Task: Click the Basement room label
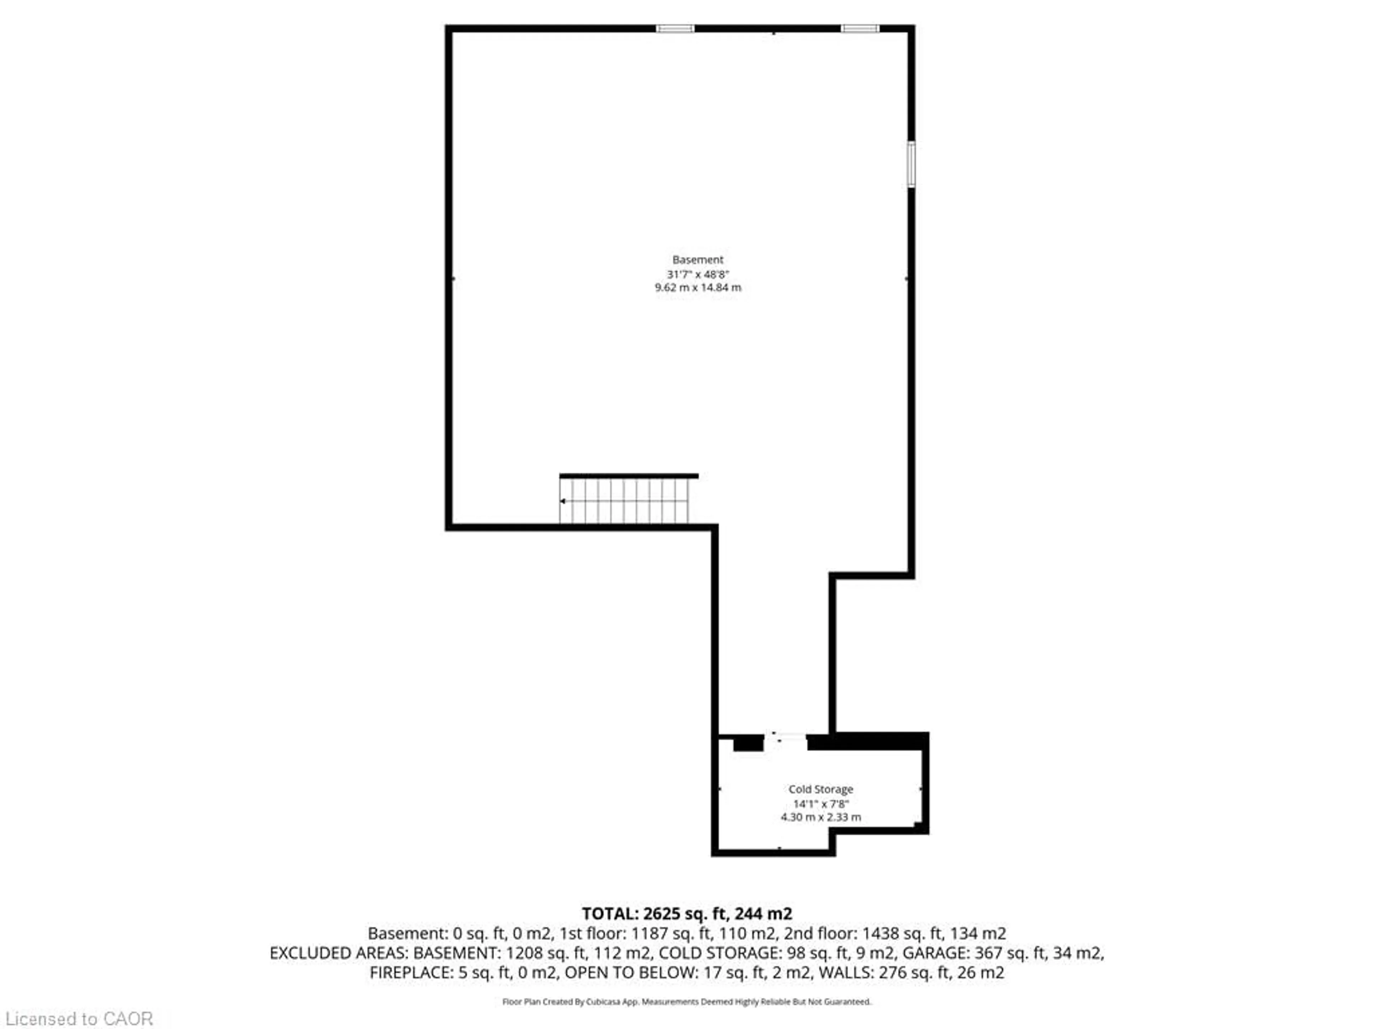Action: point(698,259)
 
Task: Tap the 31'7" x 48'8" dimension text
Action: point(698,274)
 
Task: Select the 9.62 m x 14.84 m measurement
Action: point(698,288)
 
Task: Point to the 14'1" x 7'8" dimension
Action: point(821,804)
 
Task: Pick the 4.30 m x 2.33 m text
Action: point(821,817)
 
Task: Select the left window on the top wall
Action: point(675,29)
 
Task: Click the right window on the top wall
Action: point(860,29)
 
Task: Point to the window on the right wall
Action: point(911,164)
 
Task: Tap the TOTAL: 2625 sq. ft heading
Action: point(686,914)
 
